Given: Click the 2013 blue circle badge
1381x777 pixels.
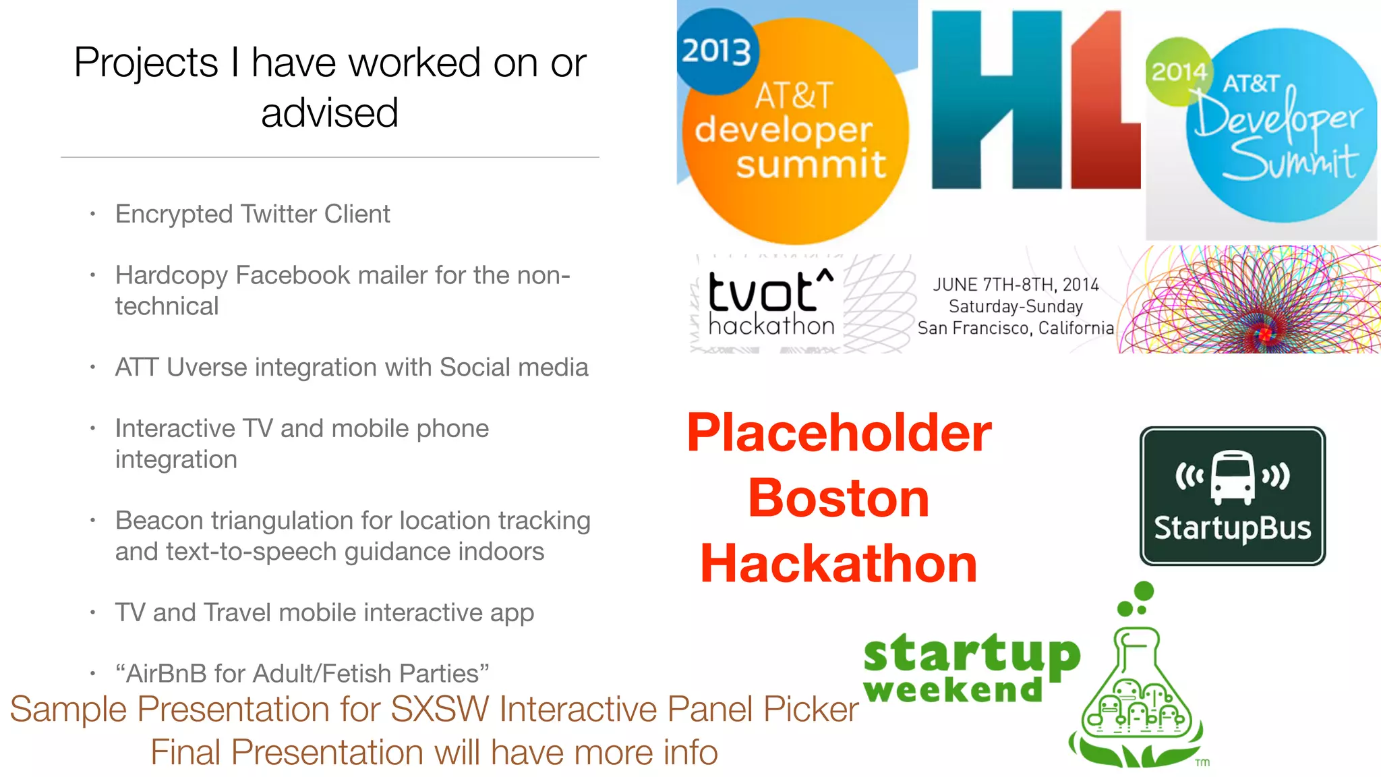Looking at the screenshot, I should point(717,52).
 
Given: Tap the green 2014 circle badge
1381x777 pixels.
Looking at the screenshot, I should point(1178,71).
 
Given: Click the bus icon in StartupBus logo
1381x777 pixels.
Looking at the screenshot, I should point(1233,478).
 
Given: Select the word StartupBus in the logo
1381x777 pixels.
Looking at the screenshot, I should point(1232,528).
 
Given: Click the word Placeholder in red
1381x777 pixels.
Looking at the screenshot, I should point(839,433).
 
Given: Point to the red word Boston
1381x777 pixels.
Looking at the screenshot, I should point(838,498).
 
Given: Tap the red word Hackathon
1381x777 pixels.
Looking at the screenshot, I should point(838,564).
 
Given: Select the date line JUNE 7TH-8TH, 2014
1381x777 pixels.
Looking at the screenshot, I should point(1016,285).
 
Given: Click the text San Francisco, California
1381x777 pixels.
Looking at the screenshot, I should point(1016,328).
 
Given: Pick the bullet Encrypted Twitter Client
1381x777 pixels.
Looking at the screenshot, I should point(252,214).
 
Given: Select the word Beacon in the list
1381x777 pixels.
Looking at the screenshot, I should point(159,521).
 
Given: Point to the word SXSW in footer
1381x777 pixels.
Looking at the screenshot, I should point(440,710).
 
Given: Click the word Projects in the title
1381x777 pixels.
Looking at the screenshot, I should point(146,63).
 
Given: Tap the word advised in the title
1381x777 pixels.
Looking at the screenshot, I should point(330,113).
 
